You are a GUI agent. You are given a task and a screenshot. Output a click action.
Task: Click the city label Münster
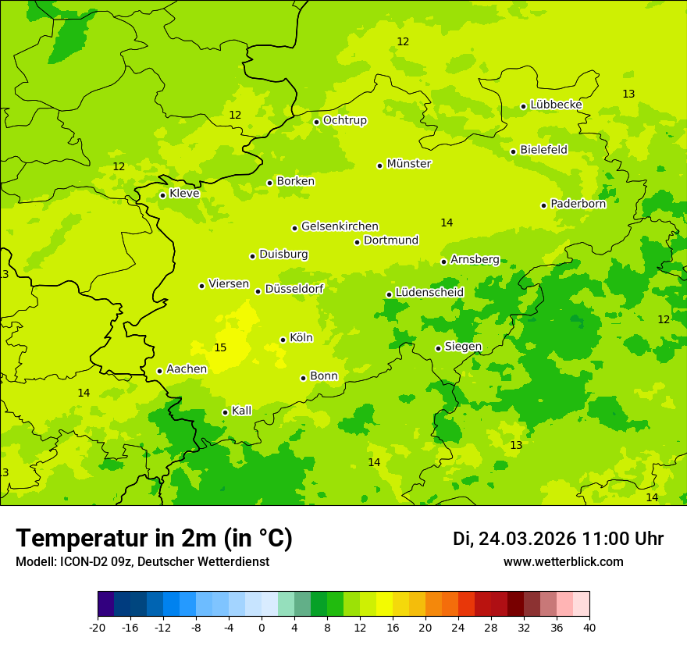pyautogui.click(x=409, y=164)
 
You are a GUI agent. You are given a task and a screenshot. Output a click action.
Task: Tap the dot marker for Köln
pyautogui.click(x=283, y=340)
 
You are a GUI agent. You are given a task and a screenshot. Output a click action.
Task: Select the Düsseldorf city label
pyautogui.click(x=294, y=289)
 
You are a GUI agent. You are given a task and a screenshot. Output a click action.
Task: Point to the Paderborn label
pyautogui.click(x=578, y=204)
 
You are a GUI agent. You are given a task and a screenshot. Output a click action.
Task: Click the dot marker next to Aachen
pyautogui.click(x=159, y=371)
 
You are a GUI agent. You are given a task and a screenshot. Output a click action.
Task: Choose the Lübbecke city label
pyautogui.click(x=556, y=105)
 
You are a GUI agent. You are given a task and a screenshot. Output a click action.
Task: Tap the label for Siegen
pyautogui.click(x=463, y=347)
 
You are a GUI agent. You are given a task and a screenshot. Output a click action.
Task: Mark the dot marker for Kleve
pyautogui.click(x=162, y=195)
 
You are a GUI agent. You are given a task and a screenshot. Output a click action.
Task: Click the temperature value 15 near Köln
pyautogui.click(x=220, y=347)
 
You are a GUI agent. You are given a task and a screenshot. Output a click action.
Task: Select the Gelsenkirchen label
pyautogui.click(x=340, y=226)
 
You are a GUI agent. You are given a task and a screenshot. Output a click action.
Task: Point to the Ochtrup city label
pyautogui.click(x=344, y=120)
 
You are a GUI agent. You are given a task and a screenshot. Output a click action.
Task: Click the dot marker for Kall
pyautogui.click(x=225, y=412)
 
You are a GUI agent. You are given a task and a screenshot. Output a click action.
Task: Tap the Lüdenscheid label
pyautogui.click(x=429, y=293)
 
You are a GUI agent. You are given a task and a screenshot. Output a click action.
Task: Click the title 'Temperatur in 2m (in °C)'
pyautogui.click(x=154, y=539)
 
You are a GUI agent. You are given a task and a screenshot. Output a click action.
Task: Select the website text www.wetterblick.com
pyautogui.click(x=563, y=562)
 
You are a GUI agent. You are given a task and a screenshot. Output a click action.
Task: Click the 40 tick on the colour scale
pyautogui.click(x=589, y=627)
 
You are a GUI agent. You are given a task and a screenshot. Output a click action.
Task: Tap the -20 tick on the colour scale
pyautogui.click(x=98, y=627)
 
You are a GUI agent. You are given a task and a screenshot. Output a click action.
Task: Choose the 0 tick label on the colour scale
pyautogui.click(x=262, y=627)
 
